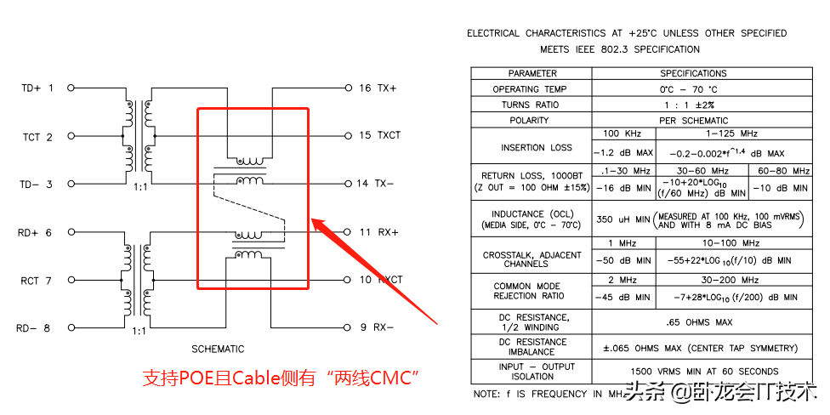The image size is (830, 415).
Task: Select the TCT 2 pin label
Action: pyautogui.click(x=37, y=136)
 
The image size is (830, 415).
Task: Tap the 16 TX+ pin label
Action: pyautogui.click(x=378, y=88)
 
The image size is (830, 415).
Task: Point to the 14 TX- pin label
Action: pyautogui.click(x=378, y=184)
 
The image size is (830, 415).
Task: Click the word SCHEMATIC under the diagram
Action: pyautogui.click(x=219, y=349)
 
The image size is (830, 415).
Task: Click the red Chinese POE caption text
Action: pyautogui.click(x=281, y=378)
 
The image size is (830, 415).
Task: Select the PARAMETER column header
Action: pyautogui.click(x=532, y=73)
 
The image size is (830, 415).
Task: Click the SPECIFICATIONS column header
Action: pyautogui.click(x=693, y=73)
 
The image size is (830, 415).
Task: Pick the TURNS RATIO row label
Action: pyautogui.click(x=532, y=105)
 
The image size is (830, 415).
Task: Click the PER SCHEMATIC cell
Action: pyautogui.click(x=693, y=121)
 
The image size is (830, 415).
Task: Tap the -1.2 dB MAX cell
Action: pyautogui.click(x=622, y=153)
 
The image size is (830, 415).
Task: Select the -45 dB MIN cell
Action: pyautogui.click(x=622, y=297)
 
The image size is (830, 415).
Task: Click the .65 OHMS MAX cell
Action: pyautogui.click(x=693, y=322)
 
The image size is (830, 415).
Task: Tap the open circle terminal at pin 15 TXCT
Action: pyautogui.click(x=348, y=136)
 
